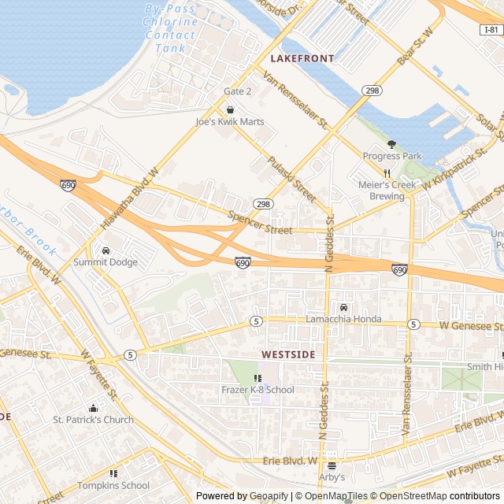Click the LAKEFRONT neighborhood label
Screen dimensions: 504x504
coord(302,58)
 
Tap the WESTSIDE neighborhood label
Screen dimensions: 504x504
coord(288,355)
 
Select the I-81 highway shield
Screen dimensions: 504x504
coord(491,30)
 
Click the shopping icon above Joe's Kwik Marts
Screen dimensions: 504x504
coord(230,109)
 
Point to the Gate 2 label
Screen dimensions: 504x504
coord(237,91)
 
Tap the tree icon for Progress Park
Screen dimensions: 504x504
coord(391,143)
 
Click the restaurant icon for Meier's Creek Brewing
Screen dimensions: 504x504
coord(387,173)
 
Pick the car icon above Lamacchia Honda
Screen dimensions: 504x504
coord(343,307)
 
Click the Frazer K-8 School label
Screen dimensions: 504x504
coord(258,390)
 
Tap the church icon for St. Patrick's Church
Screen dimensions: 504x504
coord(93,408)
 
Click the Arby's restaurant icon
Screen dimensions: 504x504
coord(332,465)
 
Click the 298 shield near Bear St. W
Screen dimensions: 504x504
coord(372,91)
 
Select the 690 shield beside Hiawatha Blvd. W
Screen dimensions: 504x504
coord(69,184)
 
